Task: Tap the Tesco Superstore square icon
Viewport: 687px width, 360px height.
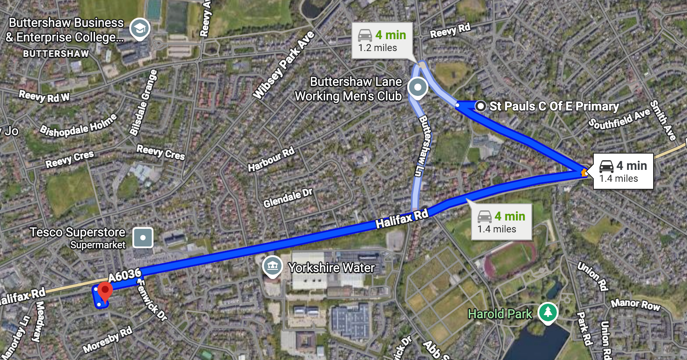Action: (143, 238)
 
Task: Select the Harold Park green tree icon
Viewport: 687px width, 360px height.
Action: (548, 312)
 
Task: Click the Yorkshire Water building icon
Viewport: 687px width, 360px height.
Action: (272, 266)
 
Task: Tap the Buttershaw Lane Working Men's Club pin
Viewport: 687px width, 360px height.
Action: (417, 87)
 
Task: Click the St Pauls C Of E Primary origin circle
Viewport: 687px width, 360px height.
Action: (481, 106)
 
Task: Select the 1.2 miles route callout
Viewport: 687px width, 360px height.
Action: (382, 40)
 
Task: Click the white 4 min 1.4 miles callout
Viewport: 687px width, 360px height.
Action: (623, 171)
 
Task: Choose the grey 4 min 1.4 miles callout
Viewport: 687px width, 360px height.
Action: (501, 222)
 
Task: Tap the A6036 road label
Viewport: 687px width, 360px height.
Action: (124, 276)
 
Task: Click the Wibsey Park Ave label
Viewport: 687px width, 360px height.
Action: (284, 65)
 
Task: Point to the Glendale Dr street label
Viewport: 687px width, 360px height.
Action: (288, 198)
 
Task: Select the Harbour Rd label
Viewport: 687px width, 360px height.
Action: (271, 160)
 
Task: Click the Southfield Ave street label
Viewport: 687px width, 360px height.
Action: (619, 118)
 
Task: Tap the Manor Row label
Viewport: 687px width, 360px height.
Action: (636, 305)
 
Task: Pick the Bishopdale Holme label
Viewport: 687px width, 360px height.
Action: (78, 125)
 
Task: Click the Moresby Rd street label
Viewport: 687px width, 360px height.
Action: (108, 340)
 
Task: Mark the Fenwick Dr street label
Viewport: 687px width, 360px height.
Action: (152, 301)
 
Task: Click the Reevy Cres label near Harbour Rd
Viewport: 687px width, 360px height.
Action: (161, 152)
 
